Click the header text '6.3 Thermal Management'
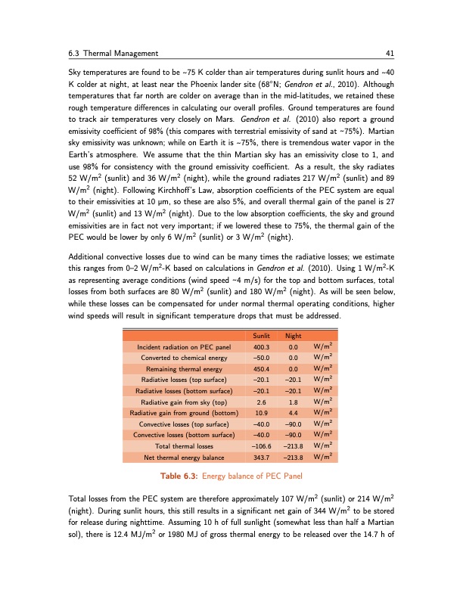pos(111,53)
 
